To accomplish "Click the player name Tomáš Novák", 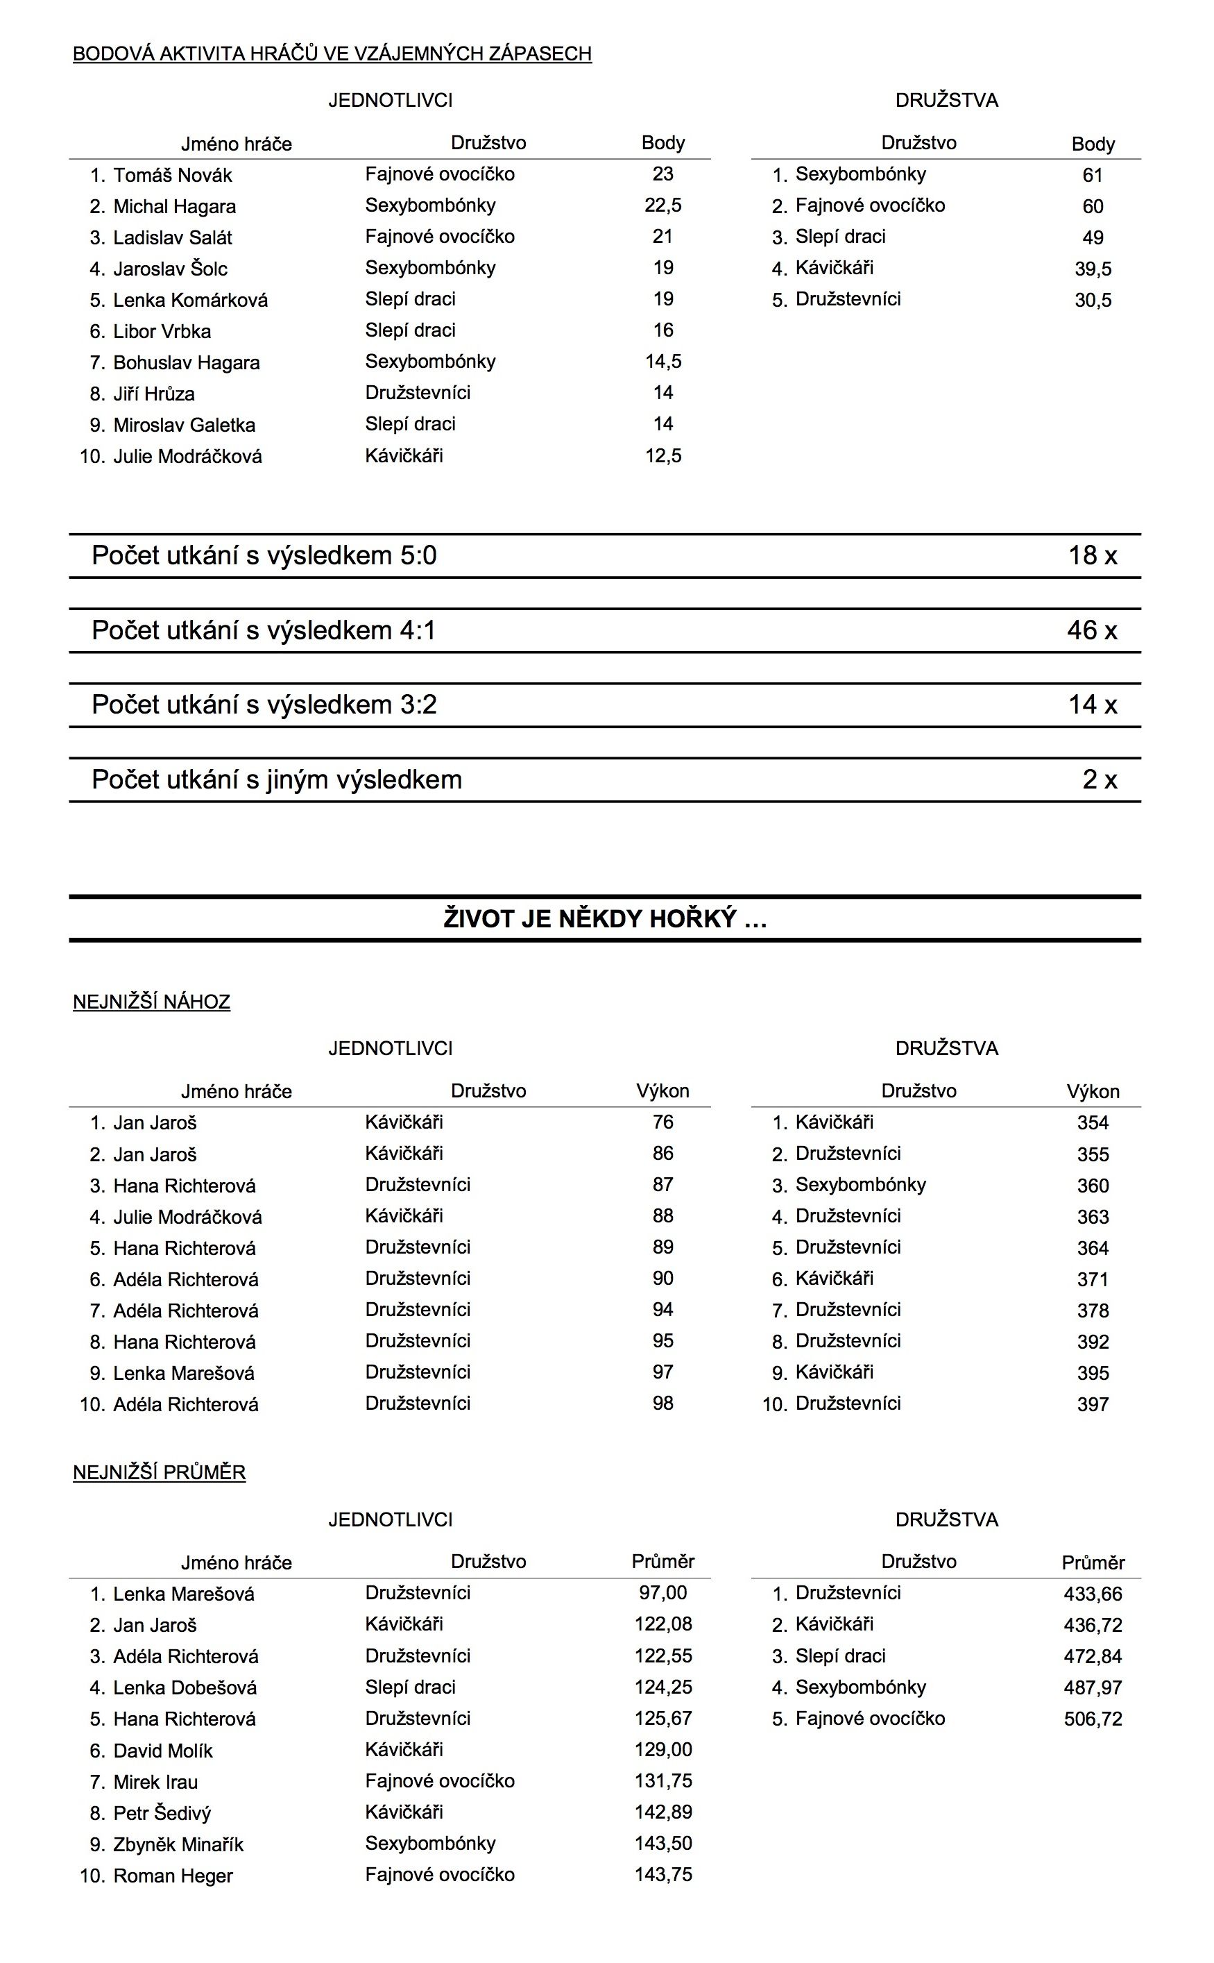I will [173, 175].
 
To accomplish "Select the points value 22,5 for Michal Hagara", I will [662, 205].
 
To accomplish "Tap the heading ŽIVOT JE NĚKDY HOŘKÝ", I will [605, 918].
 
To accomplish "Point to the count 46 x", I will [1091, 630].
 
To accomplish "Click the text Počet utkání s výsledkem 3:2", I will [264, 705].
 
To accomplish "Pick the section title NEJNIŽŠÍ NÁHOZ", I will [152, 1002].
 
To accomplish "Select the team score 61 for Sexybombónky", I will [1092, 175].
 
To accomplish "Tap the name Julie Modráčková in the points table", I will [187, 456].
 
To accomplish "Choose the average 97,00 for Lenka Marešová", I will [662, 1593].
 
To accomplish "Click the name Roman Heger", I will [173, 1876].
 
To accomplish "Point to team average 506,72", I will [1092, 1719].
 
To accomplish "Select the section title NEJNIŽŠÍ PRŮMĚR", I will [159, 1472].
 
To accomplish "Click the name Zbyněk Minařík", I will [178, 1844].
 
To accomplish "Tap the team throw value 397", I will [1092, 1404].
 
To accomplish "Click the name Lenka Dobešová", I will [185, 1687].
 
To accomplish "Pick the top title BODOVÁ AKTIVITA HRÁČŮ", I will [332, 54].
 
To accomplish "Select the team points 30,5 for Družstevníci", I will [1092, 301].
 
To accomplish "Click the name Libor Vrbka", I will [162, 331].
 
